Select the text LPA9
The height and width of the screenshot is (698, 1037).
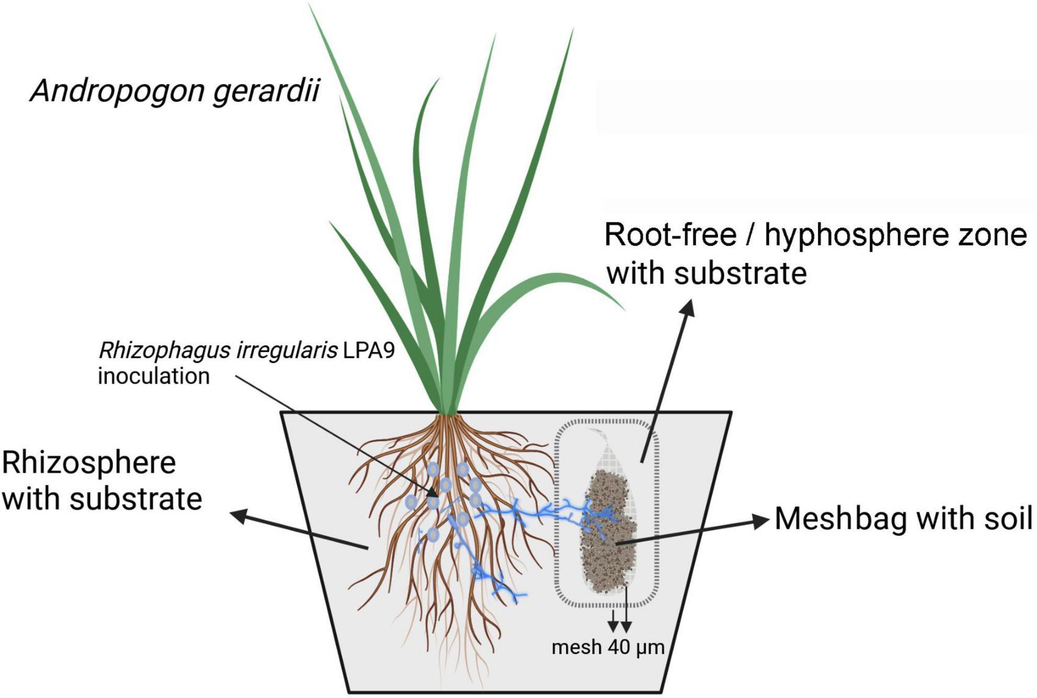(x=369, y=350)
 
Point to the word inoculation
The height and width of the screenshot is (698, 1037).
(x=154, y=376)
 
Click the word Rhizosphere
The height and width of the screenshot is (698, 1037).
(x=89, y=463)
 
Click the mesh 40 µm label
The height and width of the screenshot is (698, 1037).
(x=608, y=647)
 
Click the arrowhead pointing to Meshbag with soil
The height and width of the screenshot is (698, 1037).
(x=762, y=521)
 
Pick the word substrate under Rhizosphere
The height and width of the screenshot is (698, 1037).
(x=135, y=499)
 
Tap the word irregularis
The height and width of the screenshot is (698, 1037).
(x=286, y=350)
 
